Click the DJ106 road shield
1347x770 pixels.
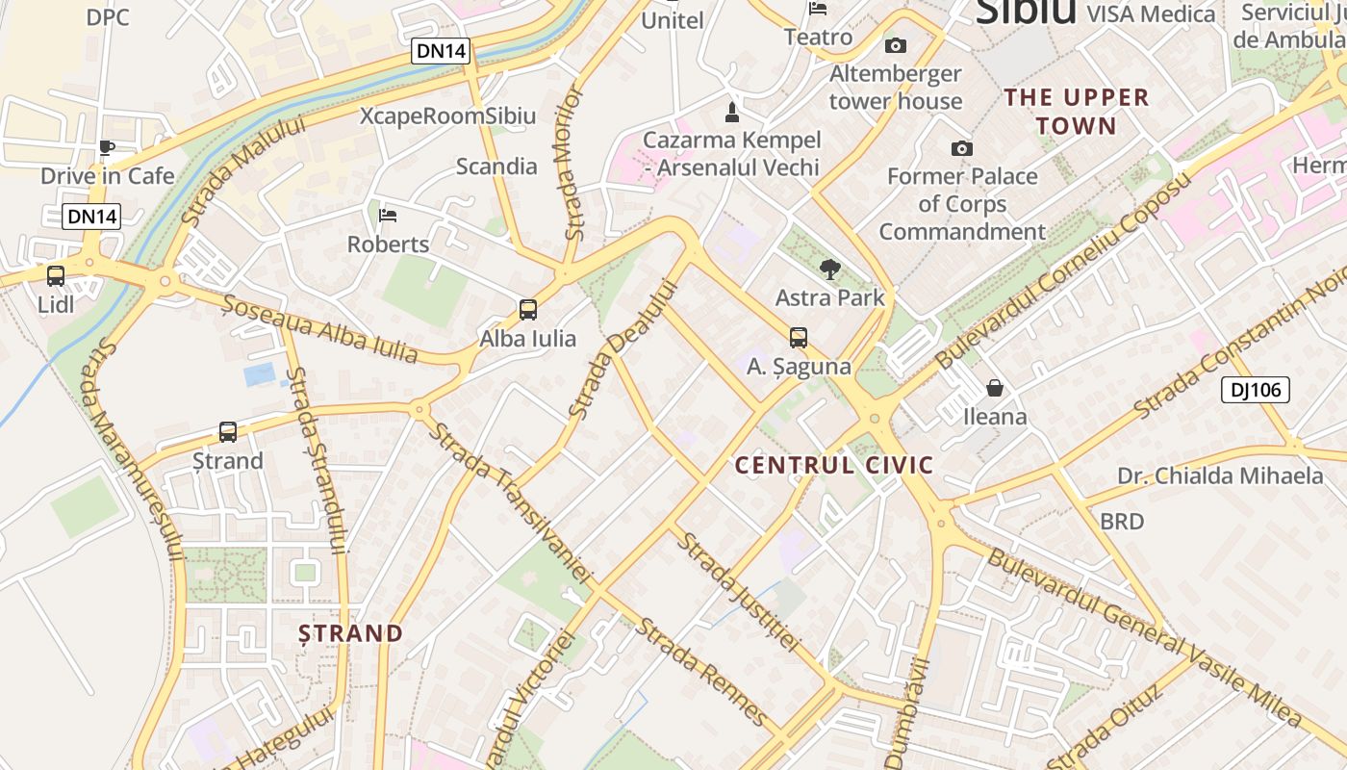[1255, 390]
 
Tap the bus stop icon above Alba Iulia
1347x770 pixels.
[527, 310]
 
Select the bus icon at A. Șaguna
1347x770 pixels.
[798, 338]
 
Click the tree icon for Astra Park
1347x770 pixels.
[828, 269]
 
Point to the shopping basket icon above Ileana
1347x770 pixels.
[995, 388]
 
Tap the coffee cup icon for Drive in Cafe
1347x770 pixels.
[107, 147]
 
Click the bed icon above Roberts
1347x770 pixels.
[388, 215]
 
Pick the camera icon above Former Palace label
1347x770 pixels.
[961, 148]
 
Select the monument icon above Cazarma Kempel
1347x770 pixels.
[731, 112]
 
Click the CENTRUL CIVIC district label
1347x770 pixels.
[834, 466]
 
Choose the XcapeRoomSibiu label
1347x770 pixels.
[447, 116]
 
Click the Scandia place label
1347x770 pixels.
[496, 167]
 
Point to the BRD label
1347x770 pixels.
[1122, 522]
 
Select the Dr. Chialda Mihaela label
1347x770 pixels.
[1220, 475]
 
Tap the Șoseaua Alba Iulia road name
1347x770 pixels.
[320, 329]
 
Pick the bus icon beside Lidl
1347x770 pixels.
[56, 276]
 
